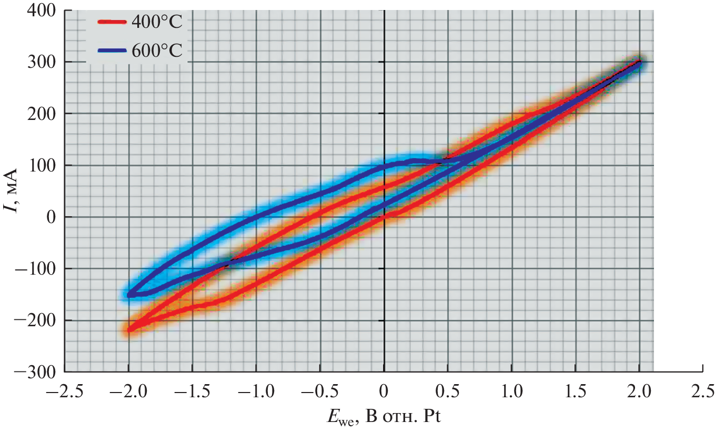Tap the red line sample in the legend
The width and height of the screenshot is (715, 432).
click(x=112, y=22)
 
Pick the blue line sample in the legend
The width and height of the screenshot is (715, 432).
click(x=112, y=51)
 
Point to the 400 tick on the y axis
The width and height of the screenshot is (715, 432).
click(x=43, y=11)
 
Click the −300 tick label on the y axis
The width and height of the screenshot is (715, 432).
click(x=36, y=371)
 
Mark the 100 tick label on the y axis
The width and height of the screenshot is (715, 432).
click(x=43, y=165)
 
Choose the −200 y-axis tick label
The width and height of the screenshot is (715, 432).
click(x=36, y=320)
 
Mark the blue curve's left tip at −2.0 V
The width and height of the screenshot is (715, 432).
click(x=129, y=294)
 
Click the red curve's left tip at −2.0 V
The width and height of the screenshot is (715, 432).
click(x=129, y=330)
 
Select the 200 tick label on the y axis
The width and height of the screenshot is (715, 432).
click(x=43, y=114)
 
